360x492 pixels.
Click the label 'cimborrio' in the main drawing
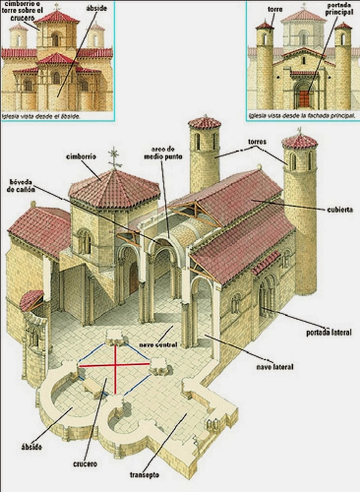(80, 157)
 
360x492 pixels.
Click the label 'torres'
(257, 142)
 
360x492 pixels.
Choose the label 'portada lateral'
(328, 332)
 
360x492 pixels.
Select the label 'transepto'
(144, 476)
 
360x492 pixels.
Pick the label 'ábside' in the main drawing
(31, 446)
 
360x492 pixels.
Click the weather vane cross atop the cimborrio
(115, 157)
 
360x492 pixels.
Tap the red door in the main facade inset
(303, 99)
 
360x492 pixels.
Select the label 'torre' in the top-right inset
(275, 9)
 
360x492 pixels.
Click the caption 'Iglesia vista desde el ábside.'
(41, 116)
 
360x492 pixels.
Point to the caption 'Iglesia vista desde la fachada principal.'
(302, 116)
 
